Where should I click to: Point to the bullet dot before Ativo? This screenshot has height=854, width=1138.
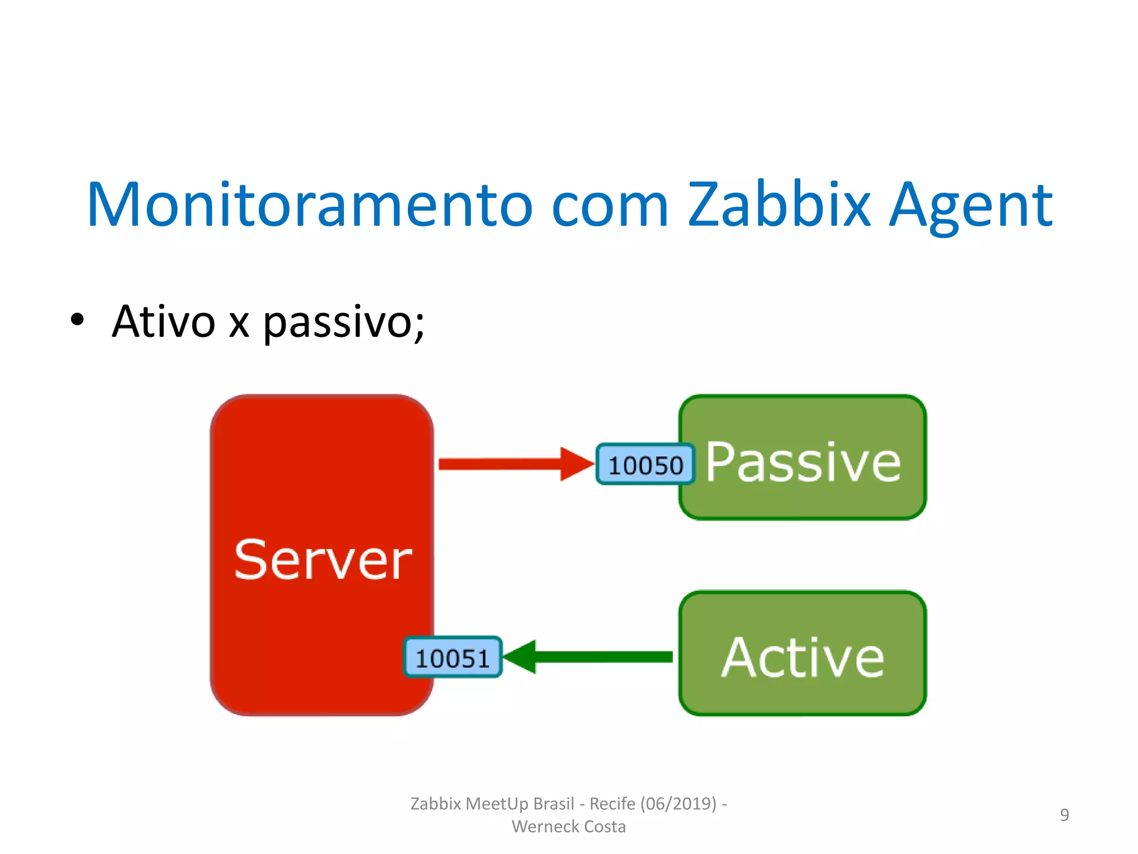[x=77, y=320]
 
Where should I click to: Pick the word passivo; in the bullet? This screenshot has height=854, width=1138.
[x=343, y=324]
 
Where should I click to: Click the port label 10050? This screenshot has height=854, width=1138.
[x=645, y=465]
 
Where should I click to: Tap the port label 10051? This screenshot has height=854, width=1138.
[x=452, y=658]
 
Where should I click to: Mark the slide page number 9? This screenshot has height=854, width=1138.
[x=1064, y=815]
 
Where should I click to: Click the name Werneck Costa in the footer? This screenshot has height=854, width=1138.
[x=568, y=827]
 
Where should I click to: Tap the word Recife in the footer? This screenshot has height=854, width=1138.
[x=612, y=804]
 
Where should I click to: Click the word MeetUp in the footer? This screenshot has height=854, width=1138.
[x=497, y=804]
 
